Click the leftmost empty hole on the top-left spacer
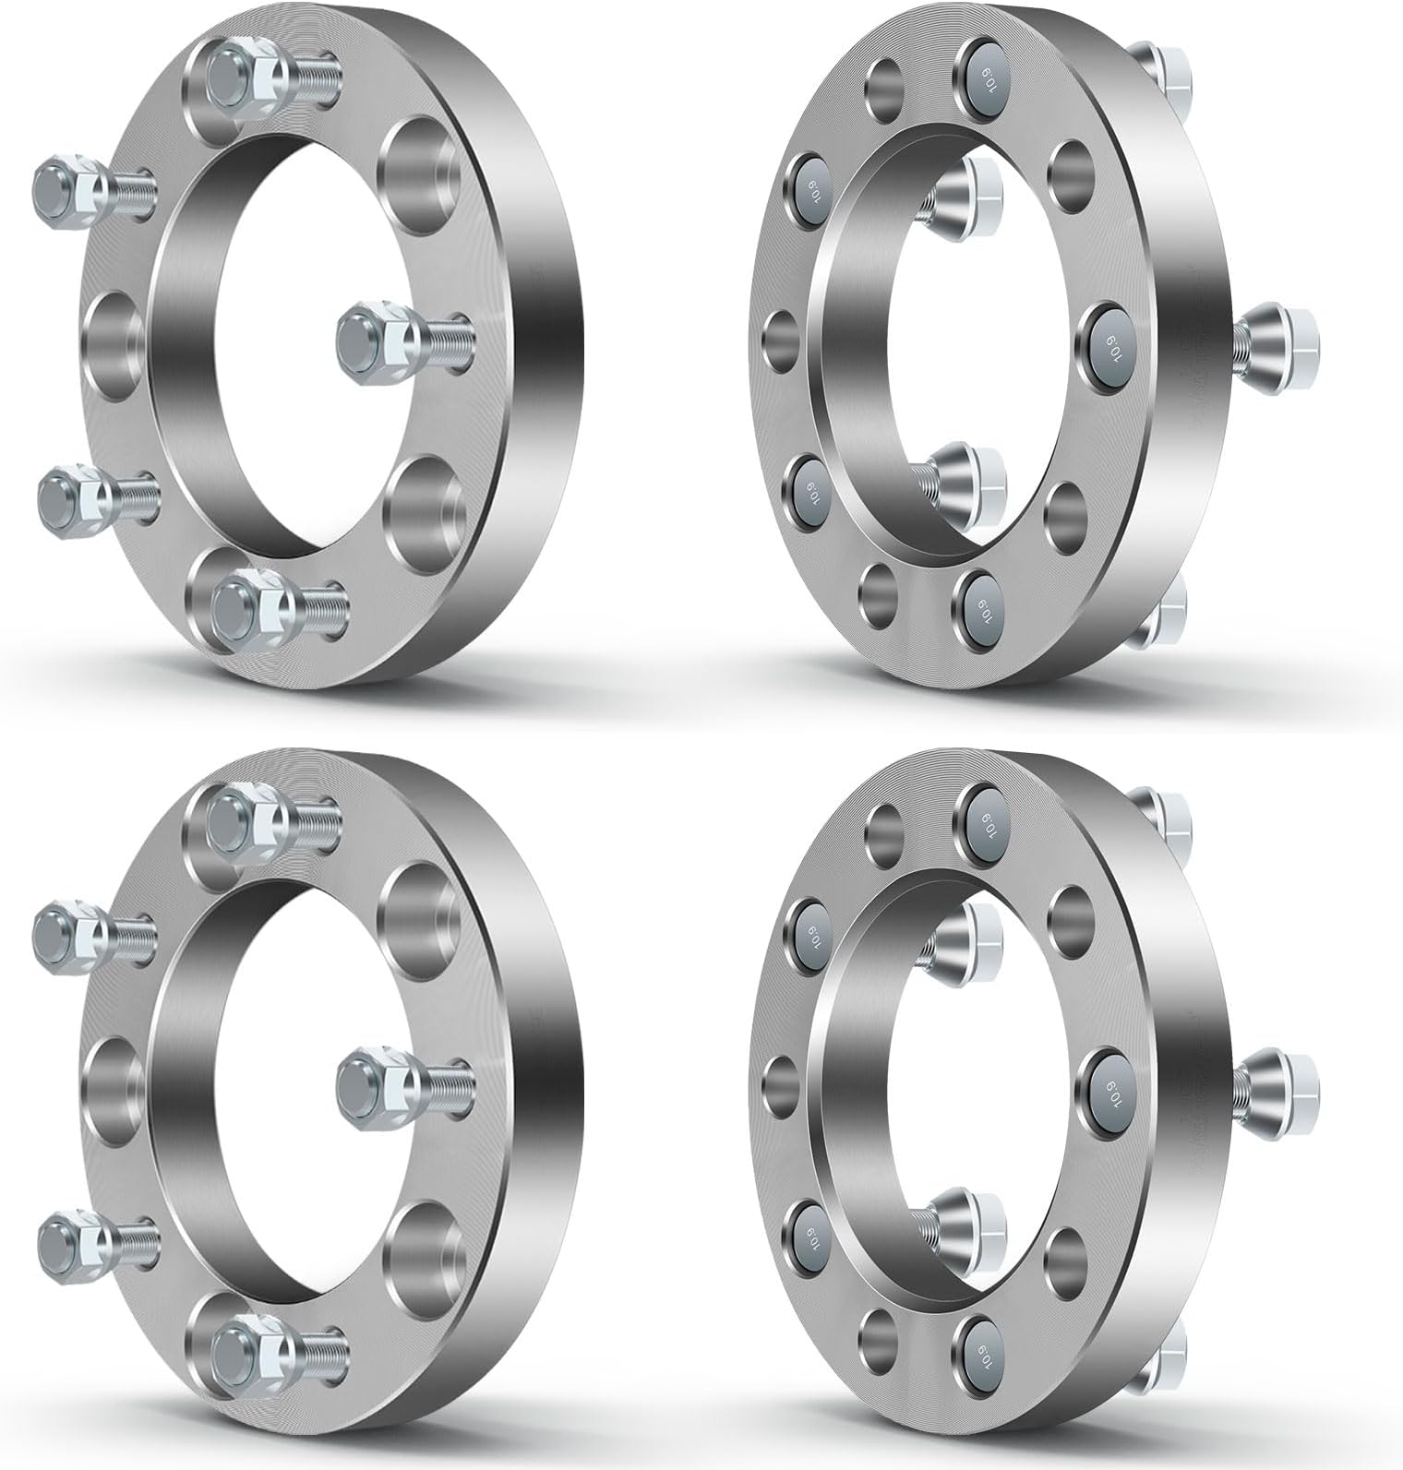pos(116,345)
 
